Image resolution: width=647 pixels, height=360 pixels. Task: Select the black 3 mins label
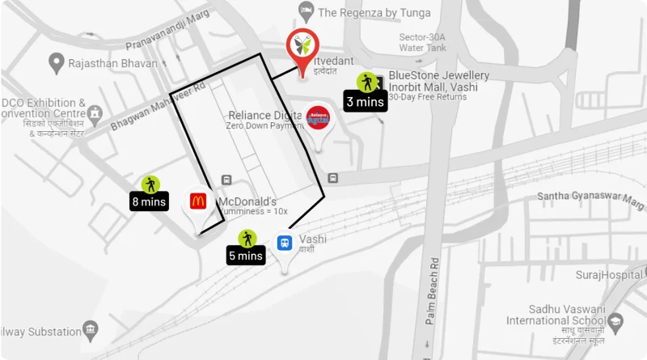pos(365,102)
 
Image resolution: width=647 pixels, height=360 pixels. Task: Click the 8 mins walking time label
pos(149,201)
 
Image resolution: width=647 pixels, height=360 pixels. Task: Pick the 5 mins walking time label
pos(246,256)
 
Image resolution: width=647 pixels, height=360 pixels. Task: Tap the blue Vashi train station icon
pos(284,242)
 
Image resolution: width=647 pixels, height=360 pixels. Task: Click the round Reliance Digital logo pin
pos(319,119)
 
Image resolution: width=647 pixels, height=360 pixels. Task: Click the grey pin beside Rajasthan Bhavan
pos(56,61)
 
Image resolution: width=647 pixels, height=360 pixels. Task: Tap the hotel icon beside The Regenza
pos(306,11)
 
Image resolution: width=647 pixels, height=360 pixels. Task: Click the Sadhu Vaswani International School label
pos(556,315)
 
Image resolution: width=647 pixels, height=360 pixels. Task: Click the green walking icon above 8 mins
pos(150,184)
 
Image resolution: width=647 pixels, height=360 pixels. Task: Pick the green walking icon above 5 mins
pos(247,238)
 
